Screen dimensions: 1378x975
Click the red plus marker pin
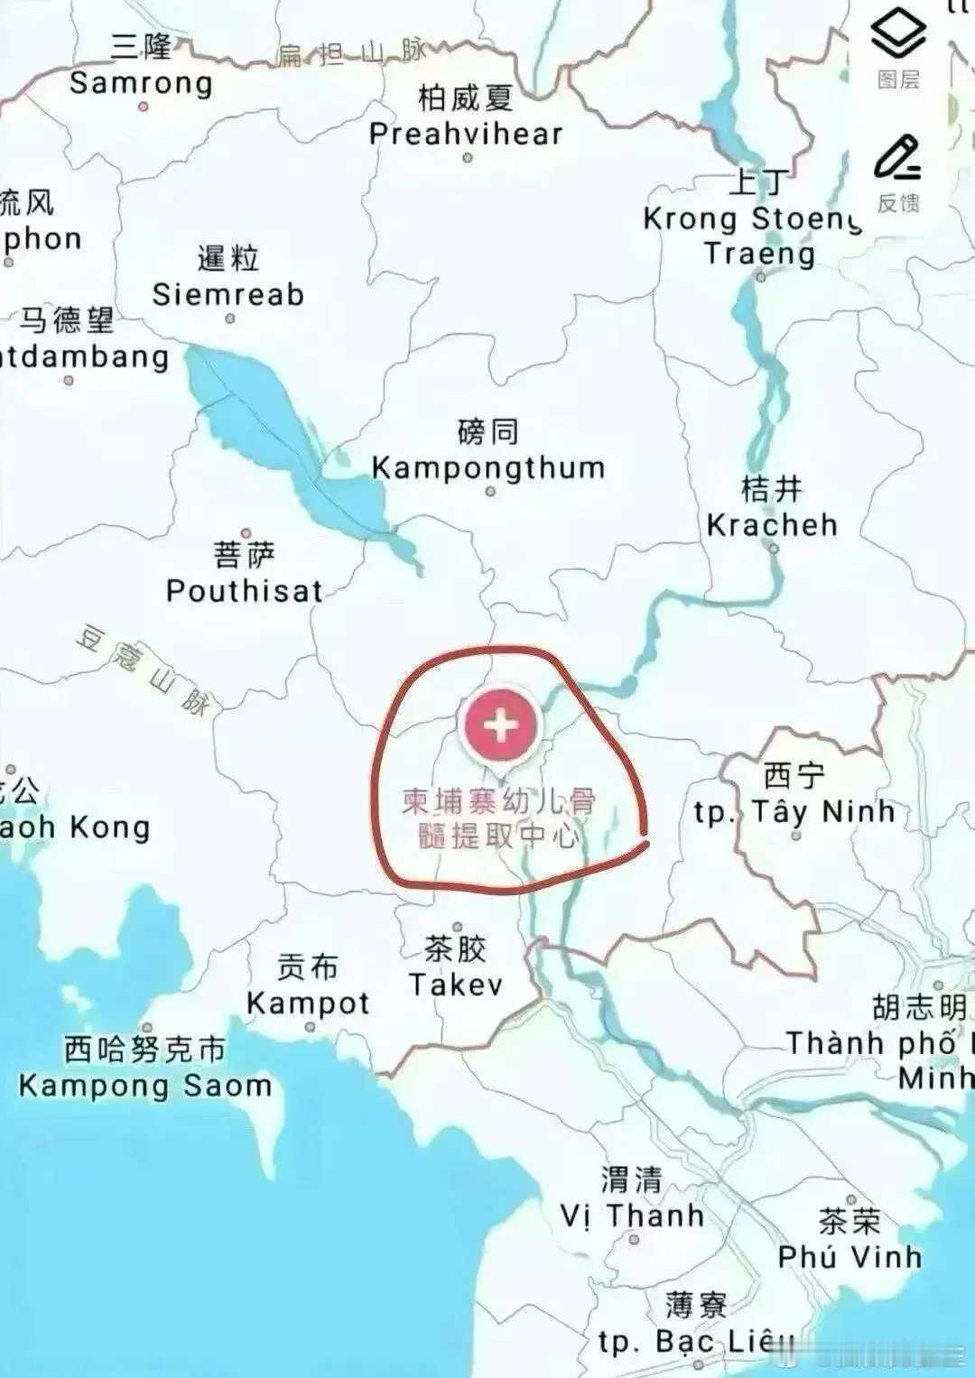(x=501, y=726)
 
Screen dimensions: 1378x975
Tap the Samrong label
(x=141, y=83)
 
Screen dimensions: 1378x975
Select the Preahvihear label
(x=466, y=134)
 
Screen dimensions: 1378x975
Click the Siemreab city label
(x=228, y=293)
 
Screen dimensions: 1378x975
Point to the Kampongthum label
(x=488, y=467)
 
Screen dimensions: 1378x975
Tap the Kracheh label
(x=772, y=524)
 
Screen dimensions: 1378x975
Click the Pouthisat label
(x=245, y=590)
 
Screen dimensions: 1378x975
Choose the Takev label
(x=456, y=984)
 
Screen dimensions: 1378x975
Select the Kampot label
(x=308, y=1003)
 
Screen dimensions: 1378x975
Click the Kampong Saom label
(x=145, y=1085)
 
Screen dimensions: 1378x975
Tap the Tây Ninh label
(x=794, y=811)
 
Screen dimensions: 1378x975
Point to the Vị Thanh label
(x=632, y=1216)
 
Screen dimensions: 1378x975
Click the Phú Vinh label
(x=850, y=1256)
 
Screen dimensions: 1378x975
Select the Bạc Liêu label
(x=696, y=1342)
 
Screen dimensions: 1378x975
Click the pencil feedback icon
(x=897, y=159)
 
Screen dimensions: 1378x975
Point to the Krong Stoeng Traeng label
(x=755, y=235)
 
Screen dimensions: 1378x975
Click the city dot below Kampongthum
(x=490, y=492)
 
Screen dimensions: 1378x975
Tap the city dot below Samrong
(x=143, y=106)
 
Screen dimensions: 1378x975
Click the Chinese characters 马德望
(x=68, y=320)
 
